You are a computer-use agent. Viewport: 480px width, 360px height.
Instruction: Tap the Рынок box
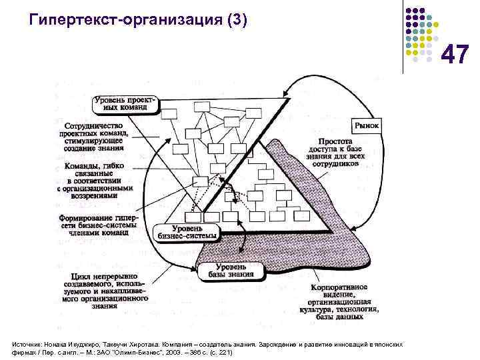365,125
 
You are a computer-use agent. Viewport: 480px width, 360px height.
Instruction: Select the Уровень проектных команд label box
126,103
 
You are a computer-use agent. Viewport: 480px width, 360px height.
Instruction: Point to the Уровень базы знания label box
231,271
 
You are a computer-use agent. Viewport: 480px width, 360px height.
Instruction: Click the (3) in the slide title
237,19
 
